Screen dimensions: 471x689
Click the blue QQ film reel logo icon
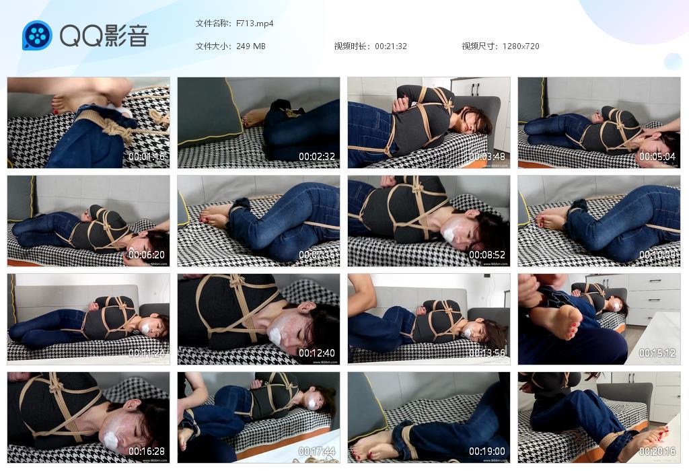[37, 36]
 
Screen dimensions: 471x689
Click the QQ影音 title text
[104, 36]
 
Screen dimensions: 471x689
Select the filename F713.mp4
[255, 24]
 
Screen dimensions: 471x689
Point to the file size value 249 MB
[251, 46]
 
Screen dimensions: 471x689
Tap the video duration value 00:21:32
[391, 46]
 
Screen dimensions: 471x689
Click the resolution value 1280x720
[521, 46]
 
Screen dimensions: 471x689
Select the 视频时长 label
[351, 46]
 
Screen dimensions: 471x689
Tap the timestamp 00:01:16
[147, 157]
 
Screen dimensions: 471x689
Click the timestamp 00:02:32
[317, 157]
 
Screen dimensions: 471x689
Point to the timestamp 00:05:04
[657, 157]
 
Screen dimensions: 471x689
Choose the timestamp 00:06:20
[147, 255]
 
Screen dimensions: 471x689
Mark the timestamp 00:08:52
[487, 255]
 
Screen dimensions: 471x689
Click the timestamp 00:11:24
[147, 353]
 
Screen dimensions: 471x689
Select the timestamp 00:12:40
[317, 353]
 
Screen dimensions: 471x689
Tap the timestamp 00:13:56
[487, 353]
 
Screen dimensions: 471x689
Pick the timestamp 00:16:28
[147, 451]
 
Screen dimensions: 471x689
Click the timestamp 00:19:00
[487, 451]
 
